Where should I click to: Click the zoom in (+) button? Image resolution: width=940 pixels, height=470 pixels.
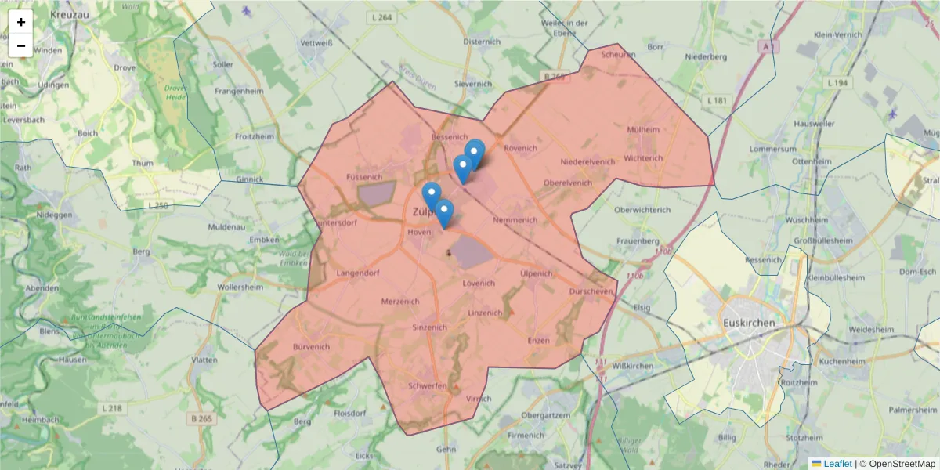point(21,22)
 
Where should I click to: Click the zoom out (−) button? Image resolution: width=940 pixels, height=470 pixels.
point(21,45)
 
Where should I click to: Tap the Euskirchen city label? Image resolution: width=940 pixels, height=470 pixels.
point(749,323)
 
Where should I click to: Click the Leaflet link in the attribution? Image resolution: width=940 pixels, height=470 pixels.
point(837,464)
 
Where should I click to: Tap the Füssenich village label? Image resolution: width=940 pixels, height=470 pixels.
point(364,177)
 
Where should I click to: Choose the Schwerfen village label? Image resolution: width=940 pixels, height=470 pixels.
point(427,385)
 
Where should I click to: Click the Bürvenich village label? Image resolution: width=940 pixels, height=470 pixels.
point(310,345)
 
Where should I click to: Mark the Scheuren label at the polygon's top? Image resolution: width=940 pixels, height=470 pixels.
point(618,55)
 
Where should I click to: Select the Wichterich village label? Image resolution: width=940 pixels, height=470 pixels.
point(643,157)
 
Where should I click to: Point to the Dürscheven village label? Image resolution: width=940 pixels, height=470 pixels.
point(591,291)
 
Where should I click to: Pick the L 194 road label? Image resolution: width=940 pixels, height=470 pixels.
point(837,82)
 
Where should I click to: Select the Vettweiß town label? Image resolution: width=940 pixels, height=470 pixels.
point(317,42)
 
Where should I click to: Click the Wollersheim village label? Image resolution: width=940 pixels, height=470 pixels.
point(240,287)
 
